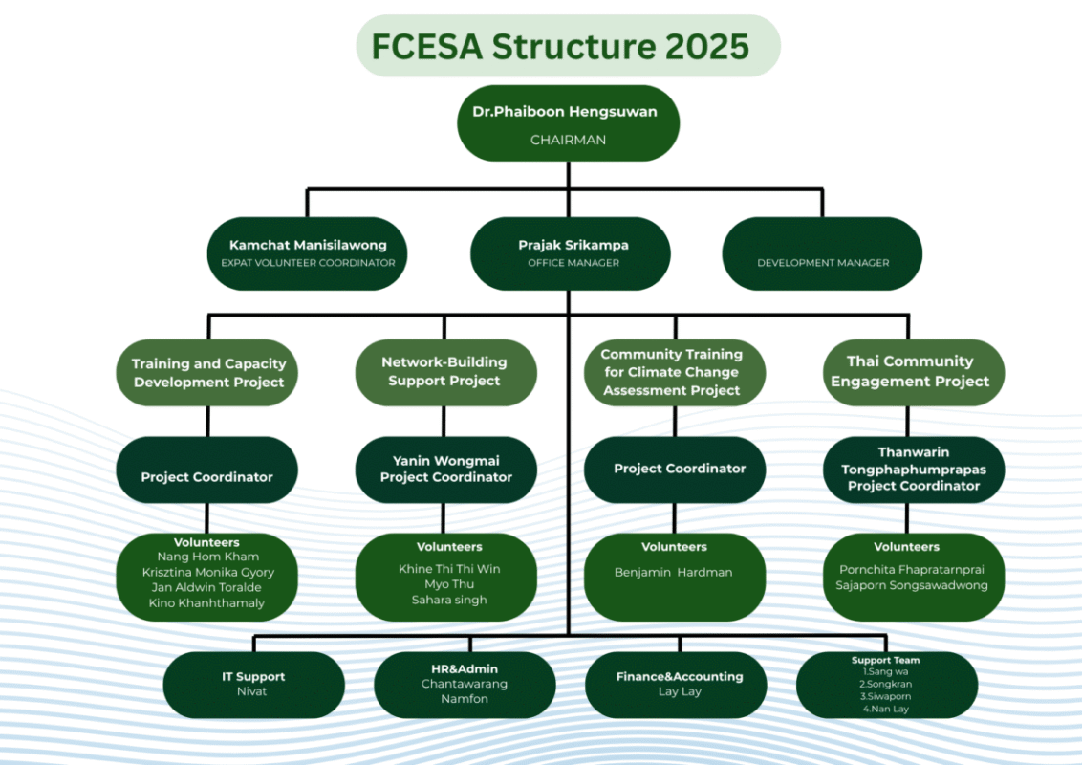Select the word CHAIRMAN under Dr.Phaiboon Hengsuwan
tap(568, 140)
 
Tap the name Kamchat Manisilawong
tap(307, 245)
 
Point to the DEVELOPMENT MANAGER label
tap(823, 262)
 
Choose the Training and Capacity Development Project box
tap(208, 373)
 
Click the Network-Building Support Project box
tap(444, 371)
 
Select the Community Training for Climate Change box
tap(673, 372)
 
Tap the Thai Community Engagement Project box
tap(910, 371)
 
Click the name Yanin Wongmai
tap(446, 460)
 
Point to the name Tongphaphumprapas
tap(913, 469)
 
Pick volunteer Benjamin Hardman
tap(673, 572)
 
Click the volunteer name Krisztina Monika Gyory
tap(207, 572)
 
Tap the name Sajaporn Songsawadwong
tap(912, 584)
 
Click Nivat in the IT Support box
tap(253, 690)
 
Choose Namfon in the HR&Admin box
tap(465, 699)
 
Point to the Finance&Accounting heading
tap(679, 676)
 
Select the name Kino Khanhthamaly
tap(206, 602)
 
